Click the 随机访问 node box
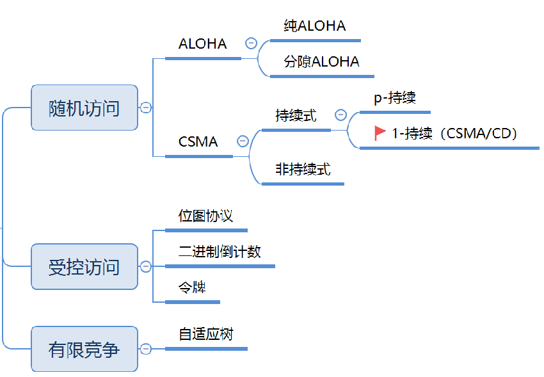[x=84, y=108]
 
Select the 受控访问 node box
[x=84, y=266]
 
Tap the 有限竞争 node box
[x=84, y=349]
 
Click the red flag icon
[x=380, y=132]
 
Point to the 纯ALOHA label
[x=315, y=26]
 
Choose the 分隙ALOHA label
[x=322, y=61]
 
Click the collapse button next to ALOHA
[x=251, y=44]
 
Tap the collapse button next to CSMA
[x=243, y=141]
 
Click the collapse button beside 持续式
[x=340, y=115]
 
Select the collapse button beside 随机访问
[x=146, y=108]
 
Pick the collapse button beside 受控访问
[x=146, y=266]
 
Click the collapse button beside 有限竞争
[x=146, y=349]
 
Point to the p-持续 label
[x=395, y=98]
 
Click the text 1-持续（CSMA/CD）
[x=454, y=133]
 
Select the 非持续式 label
[x=303, y=170]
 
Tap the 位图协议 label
[x=205, y=216]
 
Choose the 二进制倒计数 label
[x=220, y=252]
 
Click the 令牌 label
[x=192, y=287]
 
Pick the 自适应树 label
[x=205, y=334]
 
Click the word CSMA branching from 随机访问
[x=198, y=141]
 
